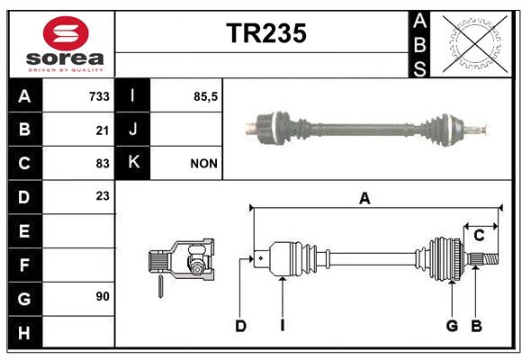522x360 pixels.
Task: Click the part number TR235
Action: (266, 33)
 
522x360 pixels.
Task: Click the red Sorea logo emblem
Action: (66, 33)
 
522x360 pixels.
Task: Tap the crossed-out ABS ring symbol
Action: (475, 43)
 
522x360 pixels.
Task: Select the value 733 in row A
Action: (99, 96)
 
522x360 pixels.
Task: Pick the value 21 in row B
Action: (103, 130)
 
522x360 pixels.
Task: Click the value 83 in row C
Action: (103, 164)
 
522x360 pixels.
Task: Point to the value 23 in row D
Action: (103, 196)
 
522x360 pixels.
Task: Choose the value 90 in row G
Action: (103, 296)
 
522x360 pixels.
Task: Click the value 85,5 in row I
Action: (205, 97)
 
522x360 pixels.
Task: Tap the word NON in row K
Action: (203, 164)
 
